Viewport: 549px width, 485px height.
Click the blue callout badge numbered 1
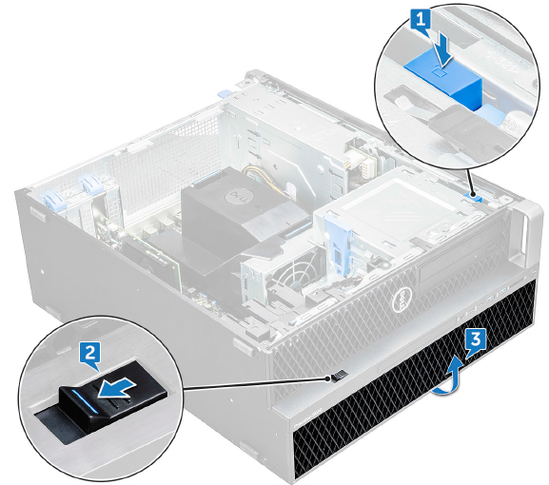(421, 20)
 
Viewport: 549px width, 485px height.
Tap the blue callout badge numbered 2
(90, 353)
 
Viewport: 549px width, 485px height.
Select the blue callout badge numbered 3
(476, 339)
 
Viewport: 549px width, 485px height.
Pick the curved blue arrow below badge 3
(449, 382)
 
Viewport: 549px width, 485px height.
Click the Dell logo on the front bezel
(402, 300)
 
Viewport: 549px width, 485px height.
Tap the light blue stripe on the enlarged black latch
(84, 399)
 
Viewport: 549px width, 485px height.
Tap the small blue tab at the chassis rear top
(225, 94)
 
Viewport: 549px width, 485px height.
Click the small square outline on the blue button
(439, 72)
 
